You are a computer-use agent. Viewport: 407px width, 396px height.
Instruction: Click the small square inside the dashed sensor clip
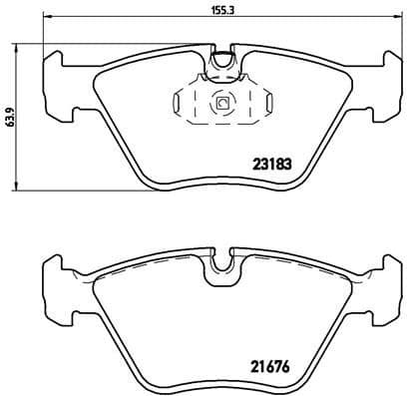(x=221, y=102)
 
